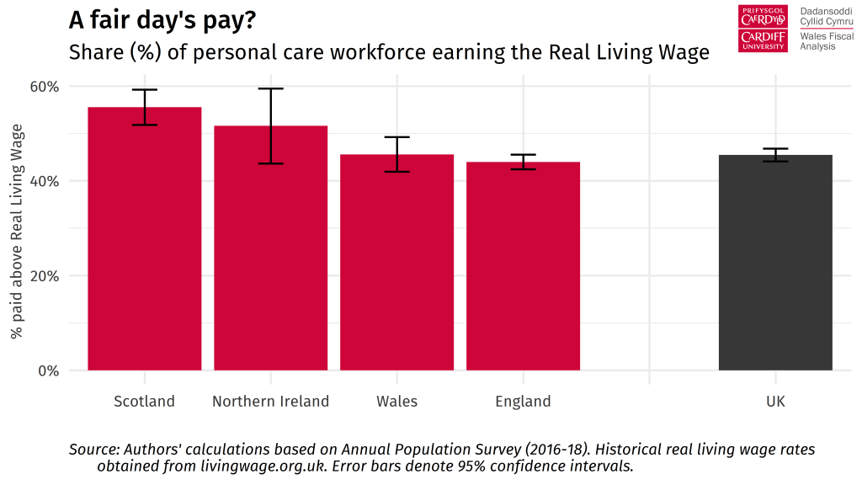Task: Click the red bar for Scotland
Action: [144, 244]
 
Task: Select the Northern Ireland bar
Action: [270, 253]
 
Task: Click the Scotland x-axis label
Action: [144, 401]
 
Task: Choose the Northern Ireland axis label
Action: [270, 401]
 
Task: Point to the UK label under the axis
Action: [775, 401]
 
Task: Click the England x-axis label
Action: [523, 401]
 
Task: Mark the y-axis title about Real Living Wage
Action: [18, 232]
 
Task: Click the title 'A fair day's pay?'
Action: [162, 20]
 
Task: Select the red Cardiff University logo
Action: [763, 29]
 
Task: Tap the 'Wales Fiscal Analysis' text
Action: [826, 41]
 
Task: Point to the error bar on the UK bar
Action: [775, 154]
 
